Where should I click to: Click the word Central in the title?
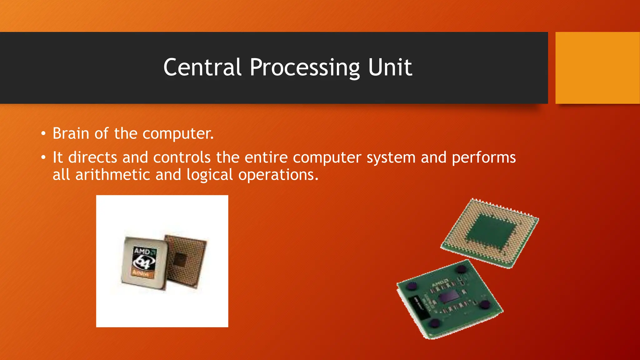click(202, 67)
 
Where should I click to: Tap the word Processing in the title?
click(305, 68)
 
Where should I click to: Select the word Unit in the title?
click(390, 67)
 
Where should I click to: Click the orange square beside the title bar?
click(597, 68)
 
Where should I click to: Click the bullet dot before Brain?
click(43, 134)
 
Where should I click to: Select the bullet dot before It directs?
click(43, 158)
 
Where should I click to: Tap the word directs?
click(92, 157)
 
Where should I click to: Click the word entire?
click(266, 157)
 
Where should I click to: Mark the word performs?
click(484, 158)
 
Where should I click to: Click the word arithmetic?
click(113, 174)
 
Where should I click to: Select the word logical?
click(210, 175)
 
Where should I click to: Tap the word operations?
click(278, 175)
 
